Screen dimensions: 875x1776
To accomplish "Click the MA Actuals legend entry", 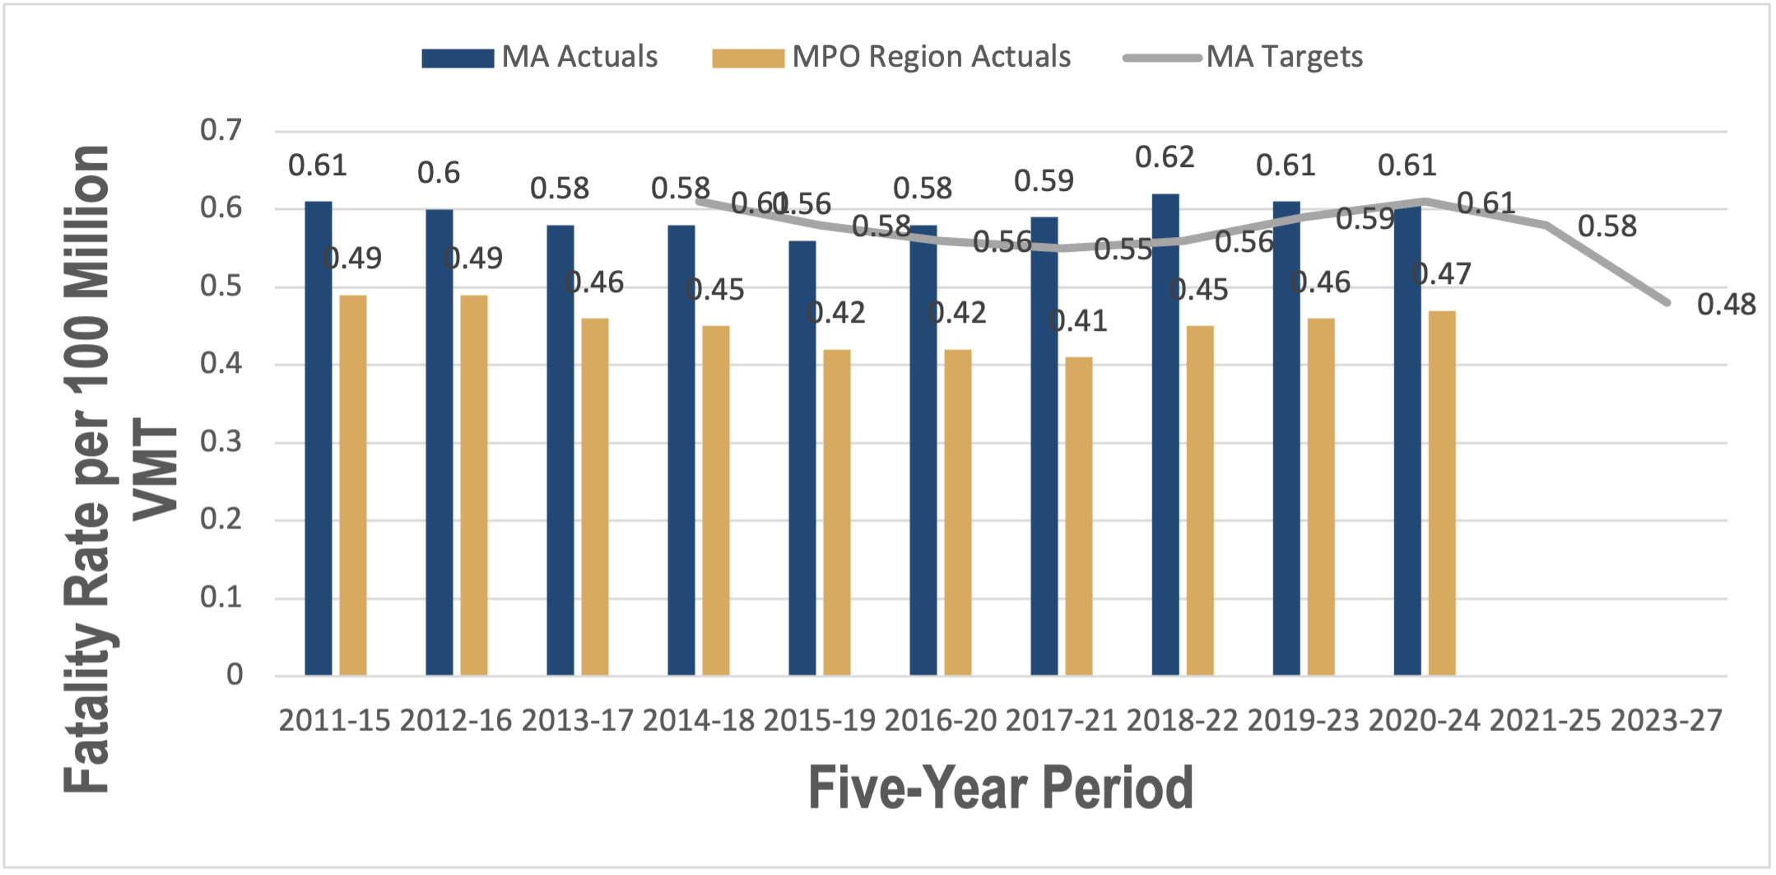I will (x=540, y=57).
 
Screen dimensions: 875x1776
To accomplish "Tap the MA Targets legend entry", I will (x=1244, y=57).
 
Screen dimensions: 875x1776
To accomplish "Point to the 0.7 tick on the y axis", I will (x=221, y=130).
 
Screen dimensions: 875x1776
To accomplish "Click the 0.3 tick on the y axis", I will (x=221, y=442).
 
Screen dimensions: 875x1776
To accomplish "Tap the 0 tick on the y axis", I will (x=235, y=675).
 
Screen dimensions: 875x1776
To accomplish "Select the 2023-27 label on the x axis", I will (x=1666, y=721).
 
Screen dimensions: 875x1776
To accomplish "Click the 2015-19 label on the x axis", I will (x=819, y=721).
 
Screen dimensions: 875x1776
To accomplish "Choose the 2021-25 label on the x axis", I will (x=1545, y=721).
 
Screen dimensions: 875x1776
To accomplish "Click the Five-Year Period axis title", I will (x=1000, y=789).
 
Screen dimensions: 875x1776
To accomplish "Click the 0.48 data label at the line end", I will (x=1726, y=305).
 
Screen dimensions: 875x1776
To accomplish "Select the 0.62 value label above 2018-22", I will (x=1165, y=157).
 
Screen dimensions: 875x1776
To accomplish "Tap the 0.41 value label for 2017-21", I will (x=1078, y=321).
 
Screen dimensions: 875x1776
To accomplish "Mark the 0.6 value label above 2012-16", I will (x=439, y=173).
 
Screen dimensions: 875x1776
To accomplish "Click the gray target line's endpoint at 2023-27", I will (x=1667, y=302).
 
